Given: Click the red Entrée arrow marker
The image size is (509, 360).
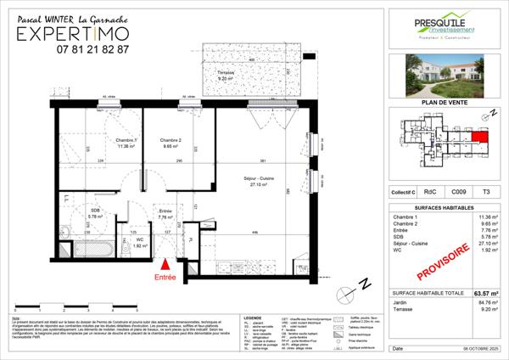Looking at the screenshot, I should (165, 266).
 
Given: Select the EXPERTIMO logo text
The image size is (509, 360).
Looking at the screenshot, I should (81, 32).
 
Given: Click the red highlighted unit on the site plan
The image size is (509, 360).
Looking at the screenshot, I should (481, 137).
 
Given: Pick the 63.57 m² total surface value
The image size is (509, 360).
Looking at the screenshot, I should (485, 293).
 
